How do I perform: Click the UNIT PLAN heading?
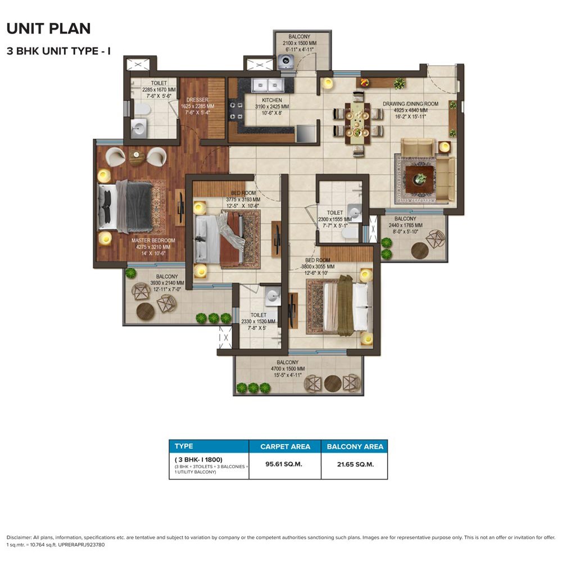49,29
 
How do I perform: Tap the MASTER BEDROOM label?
153,241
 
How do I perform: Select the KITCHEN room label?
271,101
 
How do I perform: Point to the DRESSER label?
197,100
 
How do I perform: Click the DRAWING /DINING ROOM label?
410,104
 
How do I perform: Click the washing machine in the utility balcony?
285,62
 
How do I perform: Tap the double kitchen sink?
268,86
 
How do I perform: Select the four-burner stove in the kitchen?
236,111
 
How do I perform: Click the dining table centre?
357,124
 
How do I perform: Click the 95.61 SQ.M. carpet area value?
284,464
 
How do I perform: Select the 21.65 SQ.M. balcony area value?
355,465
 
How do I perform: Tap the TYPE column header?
184,446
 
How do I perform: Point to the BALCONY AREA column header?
355,447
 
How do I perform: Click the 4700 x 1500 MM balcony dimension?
288,369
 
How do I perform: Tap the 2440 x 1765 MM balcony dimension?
405,225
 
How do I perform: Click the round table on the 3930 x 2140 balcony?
146,311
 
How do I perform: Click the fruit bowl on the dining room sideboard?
365,83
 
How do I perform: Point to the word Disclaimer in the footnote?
19,537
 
